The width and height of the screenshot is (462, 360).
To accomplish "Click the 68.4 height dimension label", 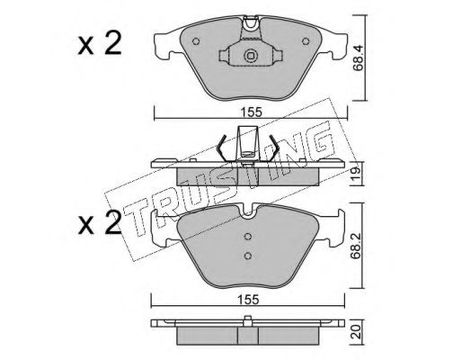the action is coord(358,58).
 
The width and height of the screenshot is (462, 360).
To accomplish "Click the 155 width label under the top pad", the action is coord(251,112).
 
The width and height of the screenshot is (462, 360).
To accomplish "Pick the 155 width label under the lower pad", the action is coord(249,299).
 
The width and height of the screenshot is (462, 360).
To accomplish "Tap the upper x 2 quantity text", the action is coord(100,44).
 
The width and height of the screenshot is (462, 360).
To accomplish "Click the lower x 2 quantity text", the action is coord(100,222).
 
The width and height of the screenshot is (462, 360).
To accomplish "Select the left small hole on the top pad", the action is coord(196,41).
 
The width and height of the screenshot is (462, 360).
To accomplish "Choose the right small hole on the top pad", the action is coord(305,41).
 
